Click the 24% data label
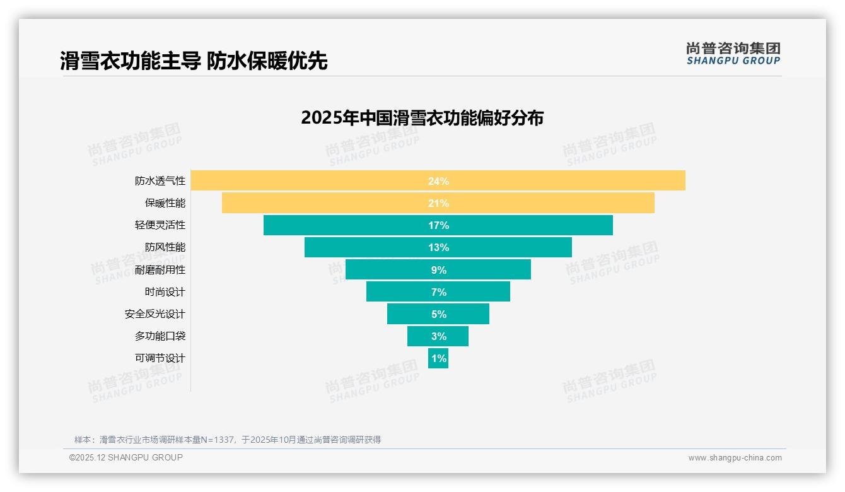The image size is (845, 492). tap(438, 181)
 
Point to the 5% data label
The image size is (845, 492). tap(438, 314)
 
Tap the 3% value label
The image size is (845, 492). tap(438, 336)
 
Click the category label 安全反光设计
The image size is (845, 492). tap(155, 314)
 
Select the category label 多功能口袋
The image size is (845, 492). tap(160, 336)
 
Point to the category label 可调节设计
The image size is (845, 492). tap(160, 358)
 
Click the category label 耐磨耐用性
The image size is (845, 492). tap(160, 269)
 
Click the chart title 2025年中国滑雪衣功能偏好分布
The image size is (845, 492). tap(422, 118)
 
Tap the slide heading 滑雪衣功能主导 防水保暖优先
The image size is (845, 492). tap(194, 61)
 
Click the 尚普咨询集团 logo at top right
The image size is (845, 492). tap(733, 53)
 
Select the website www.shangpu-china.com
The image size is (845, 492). tap(735, 458)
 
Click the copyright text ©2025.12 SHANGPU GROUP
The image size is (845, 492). tap(126, 457)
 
